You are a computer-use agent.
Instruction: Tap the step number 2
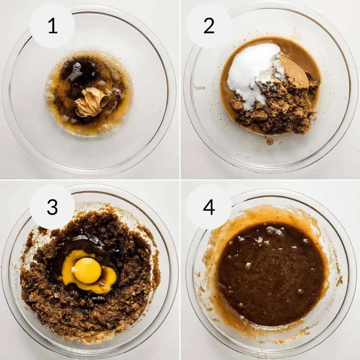click(209, 27)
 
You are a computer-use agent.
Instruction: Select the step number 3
click(52, 207)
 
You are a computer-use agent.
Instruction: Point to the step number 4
click(209, 207)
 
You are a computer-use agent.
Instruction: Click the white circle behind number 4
click(209, 207)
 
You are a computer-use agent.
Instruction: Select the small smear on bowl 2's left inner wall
click(199, 87)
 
